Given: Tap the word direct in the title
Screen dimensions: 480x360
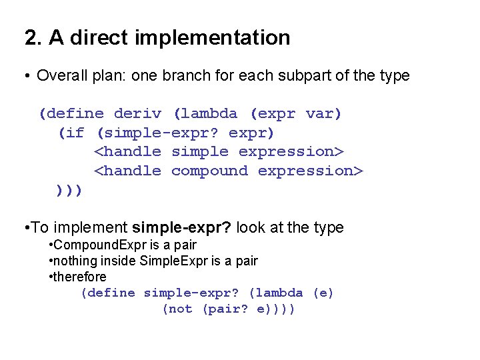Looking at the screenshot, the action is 99,38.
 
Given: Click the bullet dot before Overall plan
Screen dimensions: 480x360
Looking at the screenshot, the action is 28,76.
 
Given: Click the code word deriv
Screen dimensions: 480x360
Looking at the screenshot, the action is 138,114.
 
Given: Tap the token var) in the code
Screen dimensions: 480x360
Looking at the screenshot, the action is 323,114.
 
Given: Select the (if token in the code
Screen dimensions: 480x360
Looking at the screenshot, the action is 71,133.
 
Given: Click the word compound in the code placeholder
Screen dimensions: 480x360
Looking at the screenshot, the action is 209,171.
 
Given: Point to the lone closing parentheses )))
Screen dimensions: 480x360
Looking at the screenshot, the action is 70,190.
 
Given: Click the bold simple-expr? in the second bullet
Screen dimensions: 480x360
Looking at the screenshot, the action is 182,228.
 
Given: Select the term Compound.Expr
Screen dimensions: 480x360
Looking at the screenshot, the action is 91,245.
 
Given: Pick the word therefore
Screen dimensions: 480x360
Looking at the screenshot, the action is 79,277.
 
